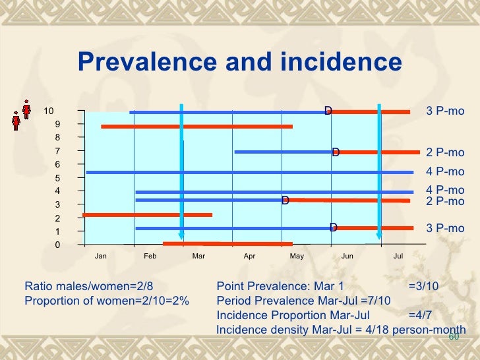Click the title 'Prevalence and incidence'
click(239, 63)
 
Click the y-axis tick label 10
click(49, 111)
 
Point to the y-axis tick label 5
click(58, 178)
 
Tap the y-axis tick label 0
click(58, 245)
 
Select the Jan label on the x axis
click(101, 256)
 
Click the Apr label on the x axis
click(249, 256)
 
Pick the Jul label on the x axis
click(398, 256)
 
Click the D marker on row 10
click(328, 110)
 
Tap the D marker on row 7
click(336, 152)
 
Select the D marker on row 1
click(334, 227)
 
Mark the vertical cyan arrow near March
click(181, 171)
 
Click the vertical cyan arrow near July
click(379, 171)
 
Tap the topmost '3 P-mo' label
click(445, 111)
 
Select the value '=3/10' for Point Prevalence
click(423, 287)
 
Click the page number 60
click(453, 337)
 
